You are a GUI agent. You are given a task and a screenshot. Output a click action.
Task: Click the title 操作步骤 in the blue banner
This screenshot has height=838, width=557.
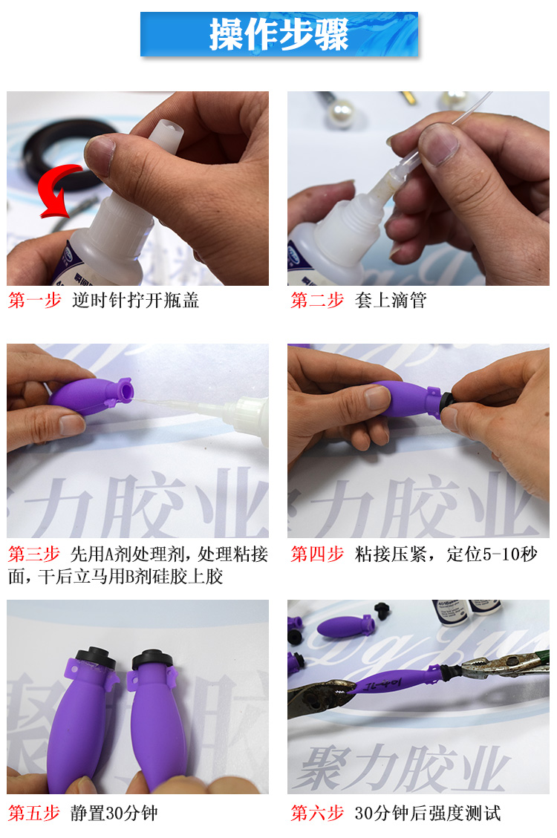click(278, 34)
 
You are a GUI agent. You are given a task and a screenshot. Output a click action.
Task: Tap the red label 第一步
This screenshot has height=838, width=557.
click(35, 301)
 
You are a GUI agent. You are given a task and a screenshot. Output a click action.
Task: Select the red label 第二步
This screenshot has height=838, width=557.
click(317, 301)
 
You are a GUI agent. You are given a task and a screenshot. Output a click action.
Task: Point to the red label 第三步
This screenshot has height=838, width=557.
click(35, 554)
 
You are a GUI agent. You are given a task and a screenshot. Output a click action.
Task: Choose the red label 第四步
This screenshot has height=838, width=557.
click(317, 554)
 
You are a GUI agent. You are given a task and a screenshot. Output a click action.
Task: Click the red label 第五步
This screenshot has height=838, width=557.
click(35, 813)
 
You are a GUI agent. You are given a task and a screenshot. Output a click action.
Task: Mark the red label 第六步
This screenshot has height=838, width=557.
click(317, 813)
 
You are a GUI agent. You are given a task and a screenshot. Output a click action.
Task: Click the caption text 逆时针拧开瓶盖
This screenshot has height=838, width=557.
click(135, 301)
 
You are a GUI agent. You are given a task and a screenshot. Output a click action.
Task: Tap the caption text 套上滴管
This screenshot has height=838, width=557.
click(391, 301)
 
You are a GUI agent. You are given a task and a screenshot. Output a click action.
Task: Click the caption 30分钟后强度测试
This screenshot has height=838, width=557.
click(428, 813)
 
